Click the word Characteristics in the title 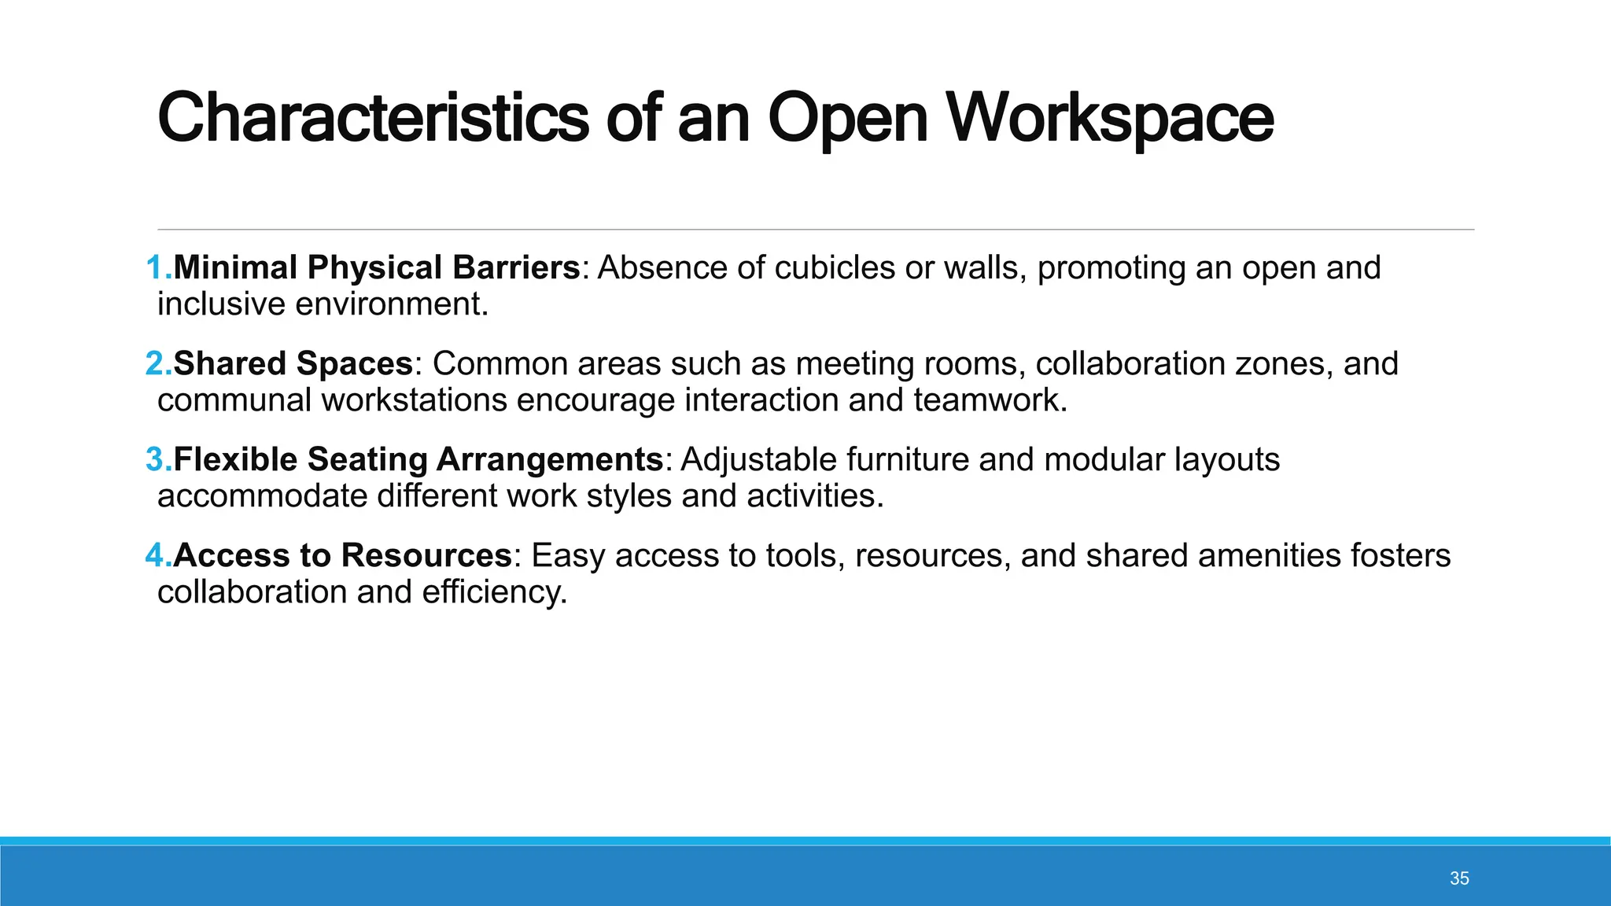click(373, 118)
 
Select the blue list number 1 click(157, 268)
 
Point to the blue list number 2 click(157, 364)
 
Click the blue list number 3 click(157, 460)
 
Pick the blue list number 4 click(157, 556)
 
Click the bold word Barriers click(516, 268)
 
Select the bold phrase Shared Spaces click(293, 364)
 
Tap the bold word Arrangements click(550, 460)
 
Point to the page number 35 click(1459, 878)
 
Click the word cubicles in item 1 click(835, 268)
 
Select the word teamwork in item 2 click(990, 400)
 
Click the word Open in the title click(848, 118)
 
